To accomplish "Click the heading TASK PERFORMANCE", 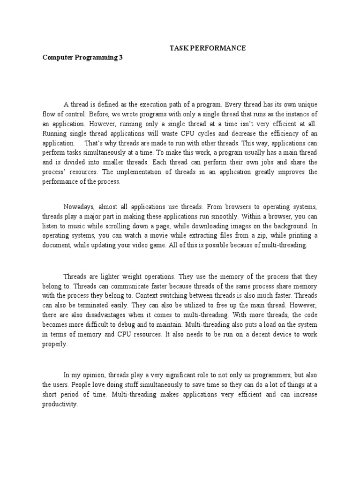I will (207, 48).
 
